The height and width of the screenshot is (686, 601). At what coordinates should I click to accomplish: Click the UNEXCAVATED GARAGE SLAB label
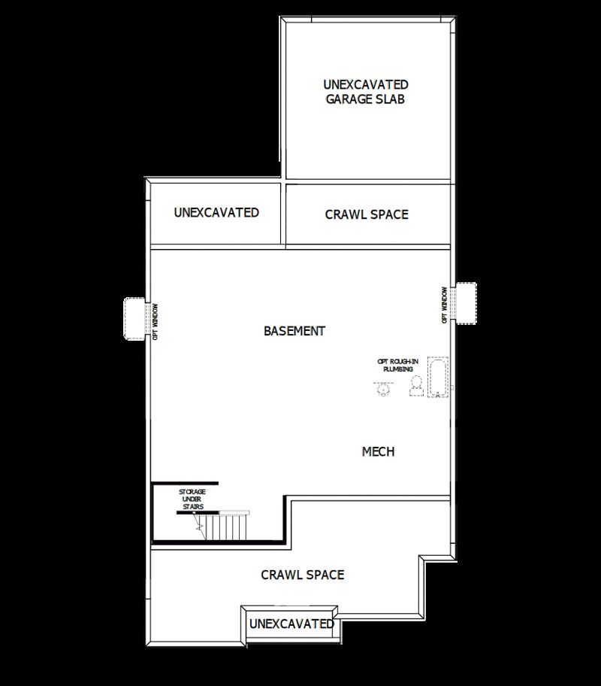(366, 91)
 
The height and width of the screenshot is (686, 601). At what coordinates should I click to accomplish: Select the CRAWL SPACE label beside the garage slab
(367, 214)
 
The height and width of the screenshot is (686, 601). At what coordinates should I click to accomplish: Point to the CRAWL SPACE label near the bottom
(302, 575)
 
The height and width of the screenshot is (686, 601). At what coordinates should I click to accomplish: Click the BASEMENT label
(294, 331)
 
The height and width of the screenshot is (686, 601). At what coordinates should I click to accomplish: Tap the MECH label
(378, 451)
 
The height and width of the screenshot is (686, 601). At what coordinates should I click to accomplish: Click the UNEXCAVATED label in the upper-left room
(216, 213)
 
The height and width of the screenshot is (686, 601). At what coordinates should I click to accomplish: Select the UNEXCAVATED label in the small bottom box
(291, 624)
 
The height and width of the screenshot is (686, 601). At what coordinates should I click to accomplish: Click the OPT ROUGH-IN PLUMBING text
(397, 366)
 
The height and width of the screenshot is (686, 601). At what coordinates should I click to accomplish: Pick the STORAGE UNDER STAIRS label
(191, 499)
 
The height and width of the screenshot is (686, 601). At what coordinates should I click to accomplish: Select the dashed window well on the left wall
(135, 319)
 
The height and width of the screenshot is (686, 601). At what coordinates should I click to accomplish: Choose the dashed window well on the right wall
(465, 303)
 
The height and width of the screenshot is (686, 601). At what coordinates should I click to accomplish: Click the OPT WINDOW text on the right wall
(445, 305)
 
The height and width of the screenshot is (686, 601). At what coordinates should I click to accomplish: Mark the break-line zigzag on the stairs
(200, 528)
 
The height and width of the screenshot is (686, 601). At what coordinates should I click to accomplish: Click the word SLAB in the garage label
(392, 99)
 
